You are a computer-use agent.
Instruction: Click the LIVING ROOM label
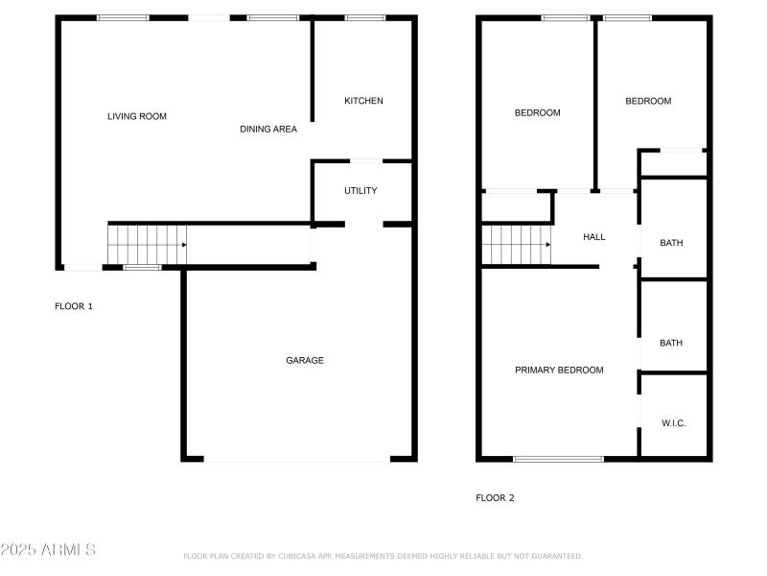tap(136, 116)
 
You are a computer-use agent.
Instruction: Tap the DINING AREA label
tap(267, 129)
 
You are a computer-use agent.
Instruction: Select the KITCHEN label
tap(363, 101)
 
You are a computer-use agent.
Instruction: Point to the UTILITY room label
tap(360, 190)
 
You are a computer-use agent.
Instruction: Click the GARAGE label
tap(304, 360)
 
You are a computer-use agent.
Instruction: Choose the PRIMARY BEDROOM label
tap(559, 370)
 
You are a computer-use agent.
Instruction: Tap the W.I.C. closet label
tap(673, 423)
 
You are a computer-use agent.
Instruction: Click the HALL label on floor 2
tap(593, 236)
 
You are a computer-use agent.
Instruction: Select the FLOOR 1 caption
tap(74, 306)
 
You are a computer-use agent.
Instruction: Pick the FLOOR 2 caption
tap(495, 497)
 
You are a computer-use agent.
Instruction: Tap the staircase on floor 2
tap(516, 244)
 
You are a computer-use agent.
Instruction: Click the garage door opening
tap(297, 461)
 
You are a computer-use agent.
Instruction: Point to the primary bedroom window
tap(558, 459)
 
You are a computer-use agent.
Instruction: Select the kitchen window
tap(364, 17)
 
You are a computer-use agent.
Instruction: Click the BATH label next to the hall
tap(671, 243)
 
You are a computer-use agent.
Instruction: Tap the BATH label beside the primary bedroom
tap(671, 343)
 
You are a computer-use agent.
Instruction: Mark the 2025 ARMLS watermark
tap(48, 550)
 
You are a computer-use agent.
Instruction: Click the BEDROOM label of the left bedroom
tap(537, 112)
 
